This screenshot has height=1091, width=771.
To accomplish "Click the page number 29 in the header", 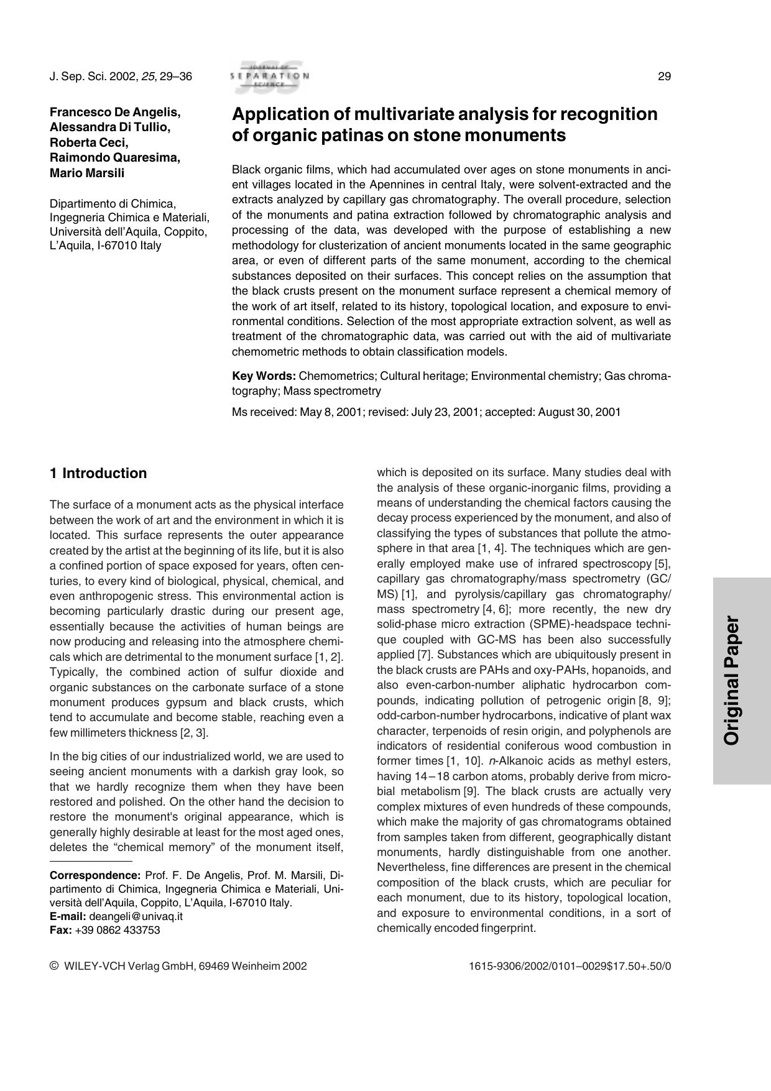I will tap(664, 76).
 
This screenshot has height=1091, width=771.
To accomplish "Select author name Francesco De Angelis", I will tap(115, 113).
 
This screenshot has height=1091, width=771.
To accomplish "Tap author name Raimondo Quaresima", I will tap(115, 158).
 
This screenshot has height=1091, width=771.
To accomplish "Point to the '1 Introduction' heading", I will tap(98, 473).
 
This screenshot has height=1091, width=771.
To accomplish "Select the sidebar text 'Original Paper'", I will tap(732, 680).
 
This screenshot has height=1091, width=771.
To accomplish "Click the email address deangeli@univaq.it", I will tap(136, 916).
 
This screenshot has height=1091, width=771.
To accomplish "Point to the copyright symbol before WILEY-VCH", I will tap(53, 966).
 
